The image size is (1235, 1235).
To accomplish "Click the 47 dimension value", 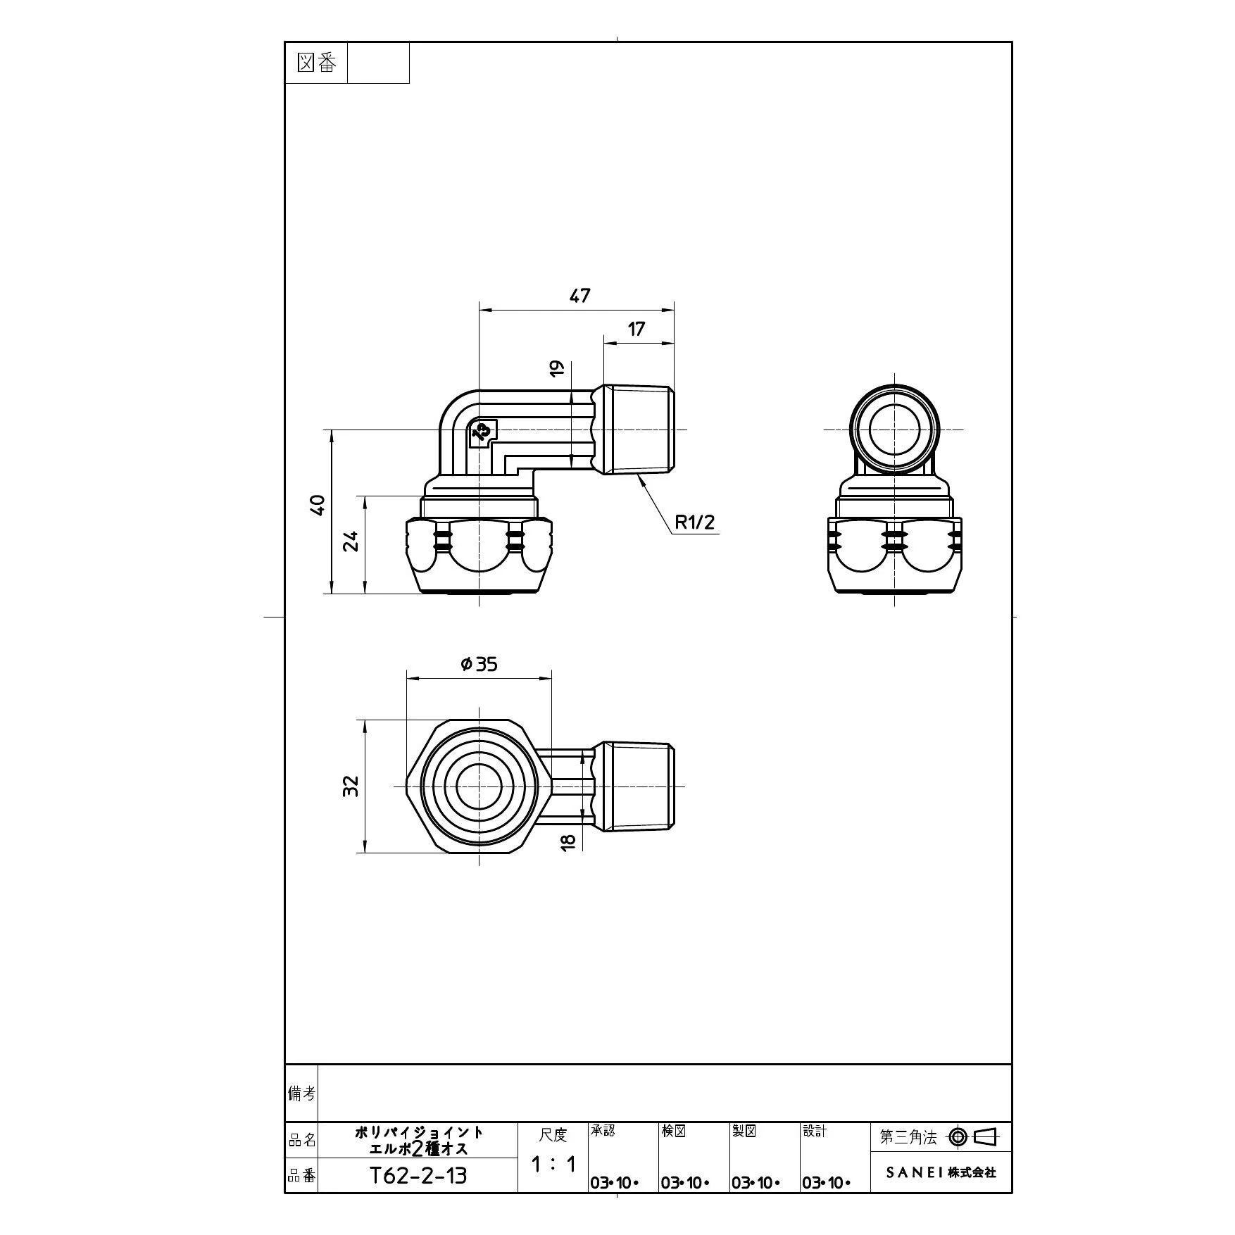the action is coord(579,296).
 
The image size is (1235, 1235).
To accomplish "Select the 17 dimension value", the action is coord(636,329).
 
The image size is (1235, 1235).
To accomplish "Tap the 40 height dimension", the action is coord(318,505).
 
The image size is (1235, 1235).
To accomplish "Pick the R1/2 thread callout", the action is coord(694,522).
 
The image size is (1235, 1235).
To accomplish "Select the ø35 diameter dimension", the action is coord(479,663).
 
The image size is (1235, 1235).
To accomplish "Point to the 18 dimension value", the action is coord(569,841).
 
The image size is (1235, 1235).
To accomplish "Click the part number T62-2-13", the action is coord(418,1176).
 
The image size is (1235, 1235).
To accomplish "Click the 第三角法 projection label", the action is coord(908,1137).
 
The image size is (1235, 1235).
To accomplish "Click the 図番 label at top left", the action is coord(317,63).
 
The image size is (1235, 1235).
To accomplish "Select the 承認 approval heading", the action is coord(603,1131).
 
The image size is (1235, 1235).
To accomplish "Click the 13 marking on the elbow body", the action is coord(482,432).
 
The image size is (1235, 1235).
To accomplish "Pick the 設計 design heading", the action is coord(815,1131).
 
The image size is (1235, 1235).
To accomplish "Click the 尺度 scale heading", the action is coord(553,1134).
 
